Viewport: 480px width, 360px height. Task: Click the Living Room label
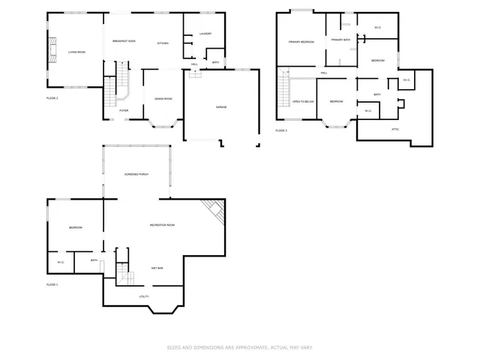coord(76,52)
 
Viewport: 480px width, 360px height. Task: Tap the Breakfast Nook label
coord(124,40)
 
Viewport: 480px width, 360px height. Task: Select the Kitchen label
coord(163,43)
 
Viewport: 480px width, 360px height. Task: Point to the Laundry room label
coord(206,34)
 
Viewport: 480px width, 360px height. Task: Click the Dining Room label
coord(163,99)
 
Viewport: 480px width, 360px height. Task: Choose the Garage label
coord(221,107)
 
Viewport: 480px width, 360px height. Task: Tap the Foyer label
coord(123,111)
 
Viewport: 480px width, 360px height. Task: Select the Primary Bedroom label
coord(301,42)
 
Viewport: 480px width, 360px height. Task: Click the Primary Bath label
coord(341,40)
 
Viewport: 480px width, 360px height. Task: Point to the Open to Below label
coord(303,101)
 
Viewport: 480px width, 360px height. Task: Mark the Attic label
coord(395,129)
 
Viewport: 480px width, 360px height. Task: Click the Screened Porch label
coord(136,174)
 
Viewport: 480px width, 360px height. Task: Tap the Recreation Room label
coord(162,225)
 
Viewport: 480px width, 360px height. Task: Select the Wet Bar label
coord(157,268)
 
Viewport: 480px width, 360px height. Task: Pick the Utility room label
coord(143,296)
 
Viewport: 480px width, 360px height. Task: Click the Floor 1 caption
coord(52,285)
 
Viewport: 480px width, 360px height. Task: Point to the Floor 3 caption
coord(281,130)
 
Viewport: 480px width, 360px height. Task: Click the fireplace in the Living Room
coord(52,50)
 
